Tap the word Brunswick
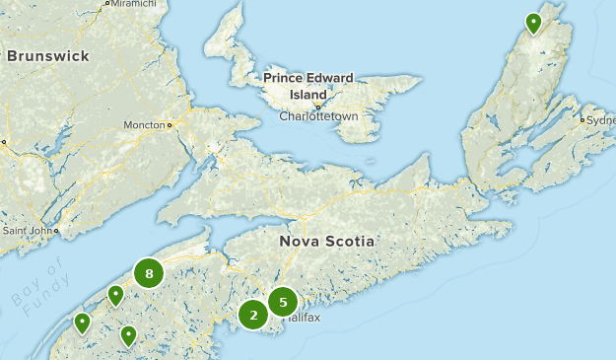[49, 56]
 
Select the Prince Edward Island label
[310, 86]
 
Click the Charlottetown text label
[318, 116]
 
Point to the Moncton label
[143, 125]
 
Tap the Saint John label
[27, 231]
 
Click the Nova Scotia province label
[328, 241]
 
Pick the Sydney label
[600, 120]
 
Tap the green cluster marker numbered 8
[149, 273]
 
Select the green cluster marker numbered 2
[253, 316]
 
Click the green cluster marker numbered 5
[283, 302]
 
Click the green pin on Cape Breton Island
[533, 22]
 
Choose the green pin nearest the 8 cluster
[115, 294]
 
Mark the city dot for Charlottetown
[318, 106]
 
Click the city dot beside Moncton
[170, 125]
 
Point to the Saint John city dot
[56, 231]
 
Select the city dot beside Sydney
[583, 120]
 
